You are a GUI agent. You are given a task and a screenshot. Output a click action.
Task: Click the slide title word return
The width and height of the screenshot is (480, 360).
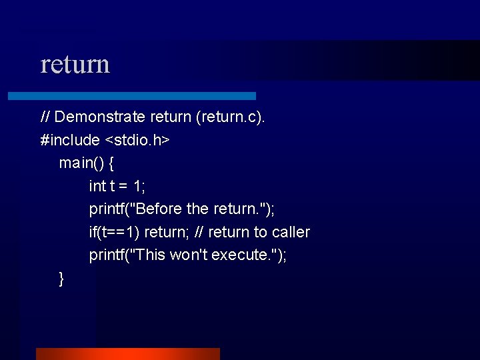[x=75, y=65]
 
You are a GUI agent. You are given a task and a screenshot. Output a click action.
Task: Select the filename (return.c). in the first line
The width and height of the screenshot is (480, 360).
[x=231, y=117]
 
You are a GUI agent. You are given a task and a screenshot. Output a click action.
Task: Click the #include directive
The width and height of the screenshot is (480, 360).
[x=70, y=141]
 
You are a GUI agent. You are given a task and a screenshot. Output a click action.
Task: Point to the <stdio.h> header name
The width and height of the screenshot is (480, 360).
[x=137, y=141]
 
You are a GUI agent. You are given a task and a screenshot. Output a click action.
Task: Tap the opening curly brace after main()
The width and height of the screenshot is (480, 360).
[x=111, y=163]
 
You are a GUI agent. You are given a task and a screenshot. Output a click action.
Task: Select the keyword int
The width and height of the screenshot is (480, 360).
[x=97, y=187]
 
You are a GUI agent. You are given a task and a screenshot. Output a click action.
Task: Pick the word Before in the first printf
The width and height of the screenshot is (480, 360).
[x=159, y=209]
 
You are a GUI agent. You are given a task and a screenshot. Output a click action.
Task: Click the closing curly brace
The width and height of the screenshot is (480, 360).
[x=61, y=279]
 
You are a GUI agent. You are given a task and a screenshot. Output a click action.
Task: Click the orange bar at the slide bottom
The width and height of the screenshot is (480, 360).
[x=127, y=353]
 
